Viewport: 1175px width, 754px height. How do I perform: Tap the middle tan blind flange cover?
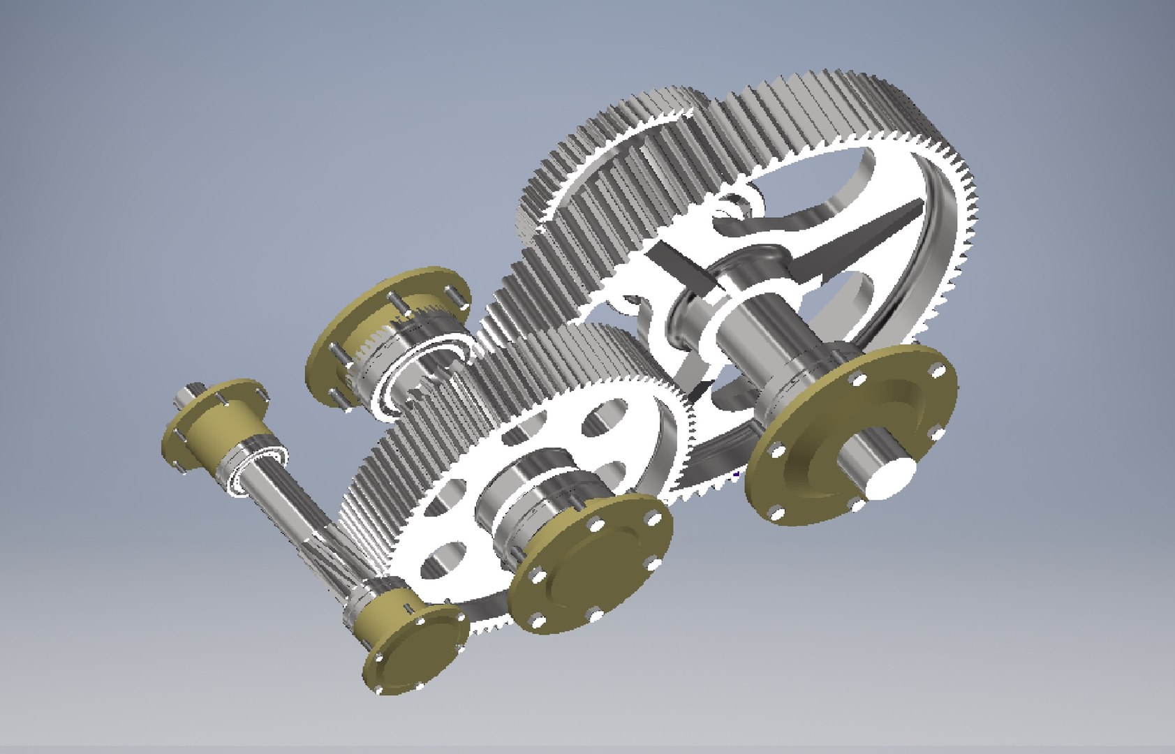click(586, 565)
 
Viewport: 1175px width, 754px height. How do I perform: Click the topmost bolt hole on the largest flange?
click(858, 378)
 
